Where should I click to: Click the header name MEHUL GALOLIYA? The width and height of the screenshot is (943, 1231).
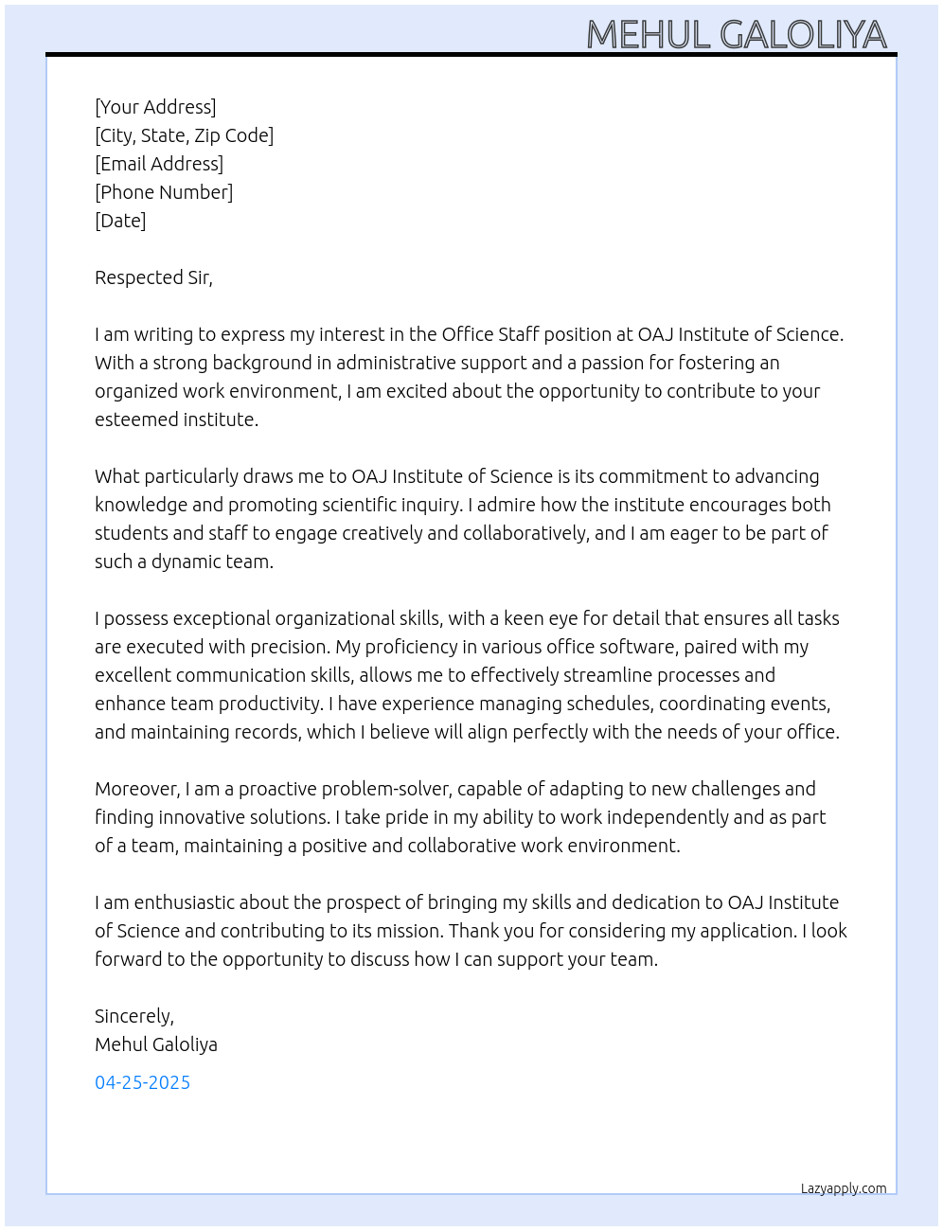click(736, 34)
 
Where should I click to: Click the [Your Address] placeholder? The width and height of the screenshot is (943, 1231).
click(155, 107)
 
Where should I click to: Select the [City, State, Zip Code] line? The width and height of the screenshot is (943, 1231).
click(184, 135)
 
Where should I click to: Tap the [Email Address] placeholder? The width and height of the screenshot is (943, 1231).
click(159, 164)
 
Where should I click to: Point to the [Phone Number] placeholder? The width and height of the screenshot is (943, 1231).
click(164, 192)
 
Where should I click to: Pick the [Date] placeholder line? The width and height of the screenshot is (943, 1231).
click(120, 221)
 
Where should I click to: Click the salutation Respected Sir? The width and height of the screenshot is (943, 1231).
click(153, 277)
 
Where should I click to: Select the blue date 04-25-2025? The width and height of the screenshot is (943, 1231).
click(142, 1082)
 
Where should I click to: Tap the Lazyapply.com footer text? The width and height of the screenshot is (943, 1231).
click(843, 1188)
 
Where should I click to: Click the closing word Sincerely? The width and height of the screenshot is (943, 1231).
click(133, 1016)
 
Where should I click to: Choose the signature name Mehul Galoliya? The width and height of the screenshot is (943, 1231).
click(155, 1044)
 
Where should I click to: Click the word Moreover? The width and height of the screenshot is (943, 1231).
click(136, 789)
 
